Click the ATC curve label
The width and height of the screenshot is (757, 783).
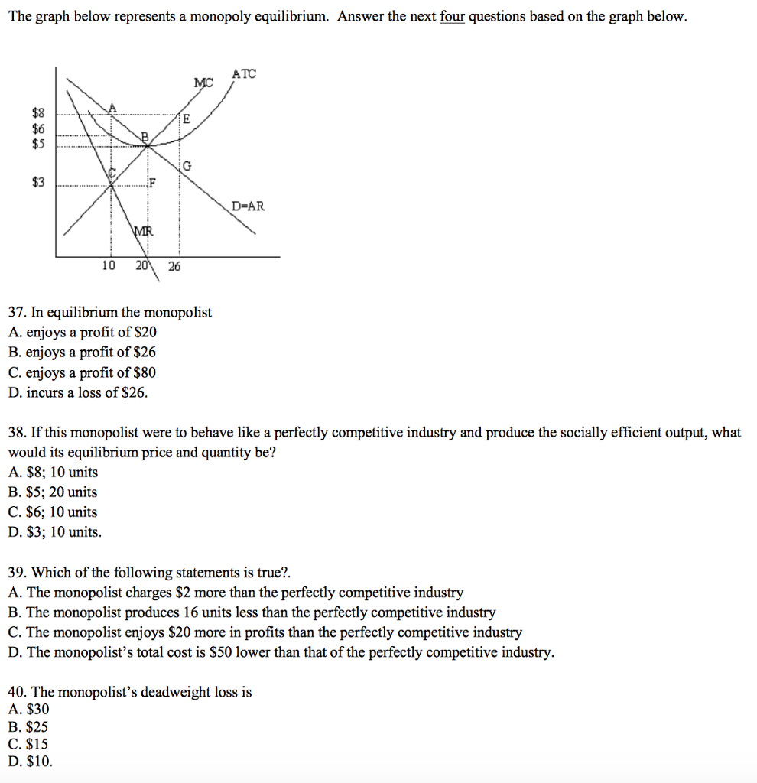tap(245, 74)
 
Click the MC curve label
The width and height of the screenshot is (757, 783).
tap(204, 83)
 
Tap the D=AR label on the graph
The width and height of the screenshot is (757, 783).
tap(249, 206)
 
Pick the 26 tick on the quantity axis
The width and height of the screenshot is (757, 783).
tap(174, 266)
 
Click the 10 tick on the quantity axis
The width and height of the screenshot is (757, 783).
tap(109, 266)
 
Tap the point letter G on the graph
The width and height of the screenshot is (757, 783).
tap(187, 166)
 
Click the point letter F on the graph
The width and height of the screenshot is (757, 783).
tap(152, 183)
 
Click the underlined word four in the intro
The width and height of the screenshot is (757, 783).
tap(453, 17)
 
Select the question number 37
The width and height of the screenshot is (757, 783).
tap(16, 313)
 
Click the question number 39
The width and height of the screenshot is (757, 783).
tap(16, 573)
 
